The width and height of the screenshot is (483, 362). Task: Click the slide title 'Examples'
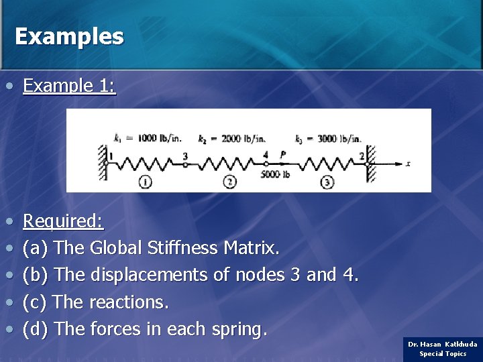tap(69, 36)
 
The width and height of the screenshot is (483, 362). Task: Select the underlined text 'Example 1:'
tap(69, 86)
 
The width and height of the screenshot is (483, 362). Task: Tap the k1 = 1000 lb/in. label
tap(148, 139)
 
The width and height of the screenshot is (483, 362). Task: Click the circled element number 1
tap(145, 182)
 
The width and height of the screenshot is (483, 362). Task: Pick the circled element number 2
tap(230, 182)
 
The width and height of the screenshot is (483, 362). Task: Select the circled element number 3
tap(327, 182)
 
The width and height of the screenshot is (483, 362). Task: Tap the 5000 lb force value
tap(275, 174)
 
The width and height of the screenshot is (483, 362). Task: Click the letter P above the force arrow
tap(283, 155)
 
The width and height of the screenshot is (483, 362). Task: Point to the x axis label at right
tap(408, 164)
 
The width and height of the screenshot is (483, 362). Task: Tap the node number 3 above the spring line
tap(185, 156)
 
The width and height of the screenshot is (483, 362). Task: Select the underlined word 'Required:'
tap(63, 221)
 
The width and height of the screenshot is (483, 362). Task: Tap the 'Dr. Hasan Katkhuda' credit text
tap(443, 344)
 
